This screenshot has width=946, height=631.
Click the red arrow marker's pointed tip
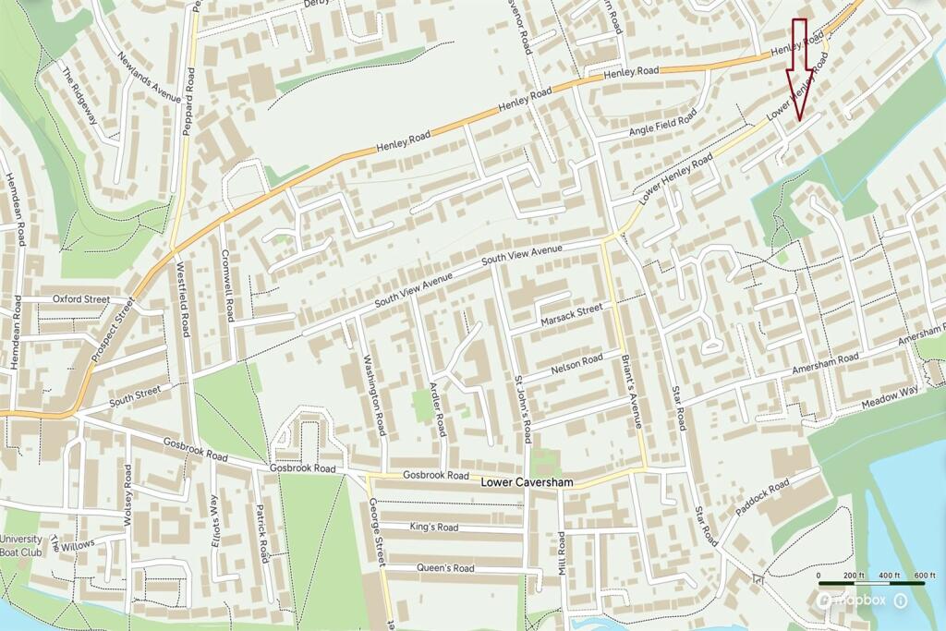pos(799,119)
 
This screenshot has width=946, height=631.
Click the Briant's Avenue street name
pos(634,392)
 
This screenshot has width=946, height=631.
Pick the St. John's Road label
pos(522,409)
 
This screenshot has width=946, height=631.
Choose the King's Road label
pos(433,528)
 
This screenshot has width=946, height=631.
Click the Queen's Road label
pos(444,568)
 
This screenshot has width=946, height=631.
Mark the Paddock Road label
pos(763,499)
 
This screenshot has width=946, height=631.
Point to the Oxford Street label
pos(80,299)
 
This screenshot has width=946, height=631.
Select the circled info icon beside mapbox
pos(901,601)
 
